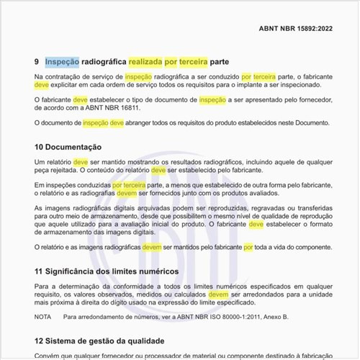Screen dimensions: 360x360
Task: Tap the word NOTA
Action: click(42, 317)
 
